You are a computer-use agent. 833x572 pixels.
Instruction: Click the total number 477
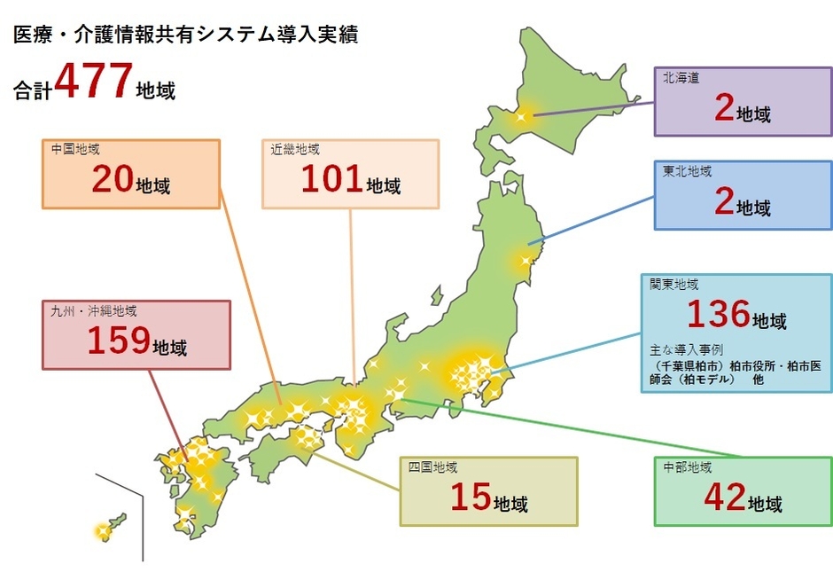93,84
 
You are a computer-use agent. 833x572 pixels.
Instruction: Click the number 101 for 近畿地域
331,180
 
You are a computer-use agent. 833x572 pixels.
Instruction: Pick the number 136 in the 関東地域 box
719,315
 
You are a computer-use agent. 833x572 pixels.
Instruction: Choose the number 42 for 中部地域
723,498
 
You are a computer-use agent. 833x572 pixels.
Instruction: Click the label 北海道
681,77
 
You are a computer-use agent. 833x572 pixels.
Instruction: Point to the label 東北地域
687,171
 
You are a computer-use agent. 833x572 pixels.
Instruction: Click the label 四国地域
432,467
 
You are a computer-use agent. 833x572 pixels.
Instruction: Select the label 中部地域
687,467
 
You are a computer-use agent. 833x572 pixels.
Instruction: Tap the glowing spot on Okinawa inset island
102,532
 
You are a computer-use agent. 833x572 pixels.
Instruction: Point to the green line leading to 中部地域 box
532,419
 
